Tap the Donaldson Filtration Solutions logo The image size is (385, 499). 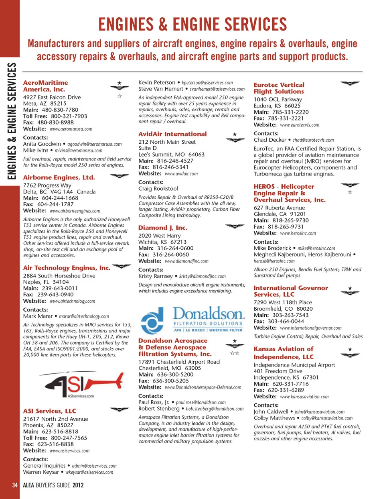click(192, 319)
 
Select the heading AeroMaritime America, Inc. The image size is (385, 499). click(45, 86)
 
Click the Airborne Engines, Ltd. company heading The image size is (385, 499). click(59, 177)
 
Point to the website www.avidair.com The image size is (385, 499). click(181, 174)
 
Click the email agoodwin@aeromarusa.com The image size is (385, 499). click(94, 144)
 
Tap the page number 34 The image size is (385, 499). click(15, 485)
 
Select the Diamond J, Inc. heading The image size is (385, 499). click(163, 228)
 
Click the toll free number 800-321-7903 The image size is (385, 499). click(69, 116)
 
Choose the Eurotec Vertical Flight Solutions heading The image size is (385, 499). click(279, 88)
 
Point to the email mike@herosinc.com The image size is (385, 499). click(316, 248)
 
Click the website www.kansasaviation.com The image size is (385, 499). click(304, 397)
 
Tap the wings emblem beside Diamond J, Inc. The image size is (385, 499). click(235, 226)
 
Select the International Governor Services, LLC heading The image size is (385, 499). click(291, 291)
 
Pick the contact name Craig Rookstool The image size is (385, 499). click(158, 189)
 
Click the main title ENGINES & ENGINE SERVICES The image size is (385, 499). click(192, 24)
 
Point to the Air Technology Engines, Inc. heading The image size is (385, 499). click(67, 268)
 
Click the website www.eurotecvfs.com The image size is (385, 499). click(300, 125)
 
